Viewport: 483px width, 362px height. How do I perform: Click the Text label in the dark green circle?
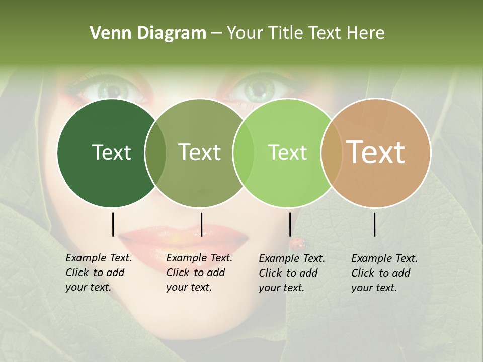111,152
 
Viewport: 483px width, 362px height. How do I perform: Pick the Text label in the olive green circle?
199,152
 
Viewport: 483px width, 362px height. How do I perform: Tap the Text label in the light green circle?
287,152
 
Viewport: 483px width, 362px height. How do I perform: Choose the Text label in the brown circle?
376,152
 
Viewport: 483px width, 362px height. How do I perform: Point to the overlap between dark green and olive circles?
155,153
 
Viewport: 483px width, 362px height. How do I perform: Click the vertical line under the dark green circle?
113,224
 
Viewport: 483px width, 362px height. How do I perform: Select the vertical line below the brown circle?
375,224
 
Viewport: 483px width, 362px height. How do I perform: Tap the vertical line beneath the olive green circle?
201,224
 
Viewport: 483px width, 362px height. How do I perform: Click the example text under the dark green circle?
98,273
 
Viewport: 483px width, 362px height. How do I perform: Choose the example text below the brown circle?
384,273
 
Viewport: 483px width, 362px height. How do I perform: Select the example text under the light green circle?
291,273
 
